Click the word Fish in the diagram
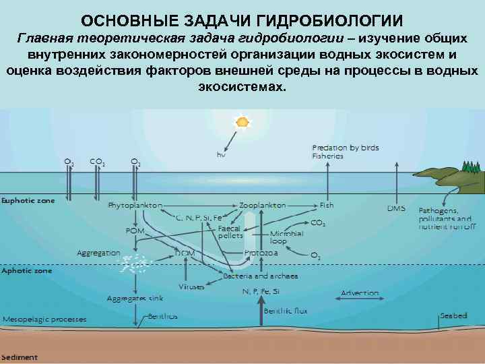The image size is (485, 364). [327, 205]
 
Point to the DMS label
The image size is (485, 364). [396, 208]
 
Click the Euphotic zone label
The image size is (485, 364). [28, 200]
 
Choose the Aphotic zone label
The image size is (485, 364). [26, 270]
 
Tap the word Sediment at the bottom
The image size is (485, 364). [20, 357]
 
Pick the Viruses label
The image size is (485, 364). [191, 286]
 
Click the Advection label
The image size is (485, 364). [360, 293]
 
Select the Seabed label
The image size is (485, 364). [453, 315]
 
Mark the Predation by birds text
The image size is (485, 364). [346, 147]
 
